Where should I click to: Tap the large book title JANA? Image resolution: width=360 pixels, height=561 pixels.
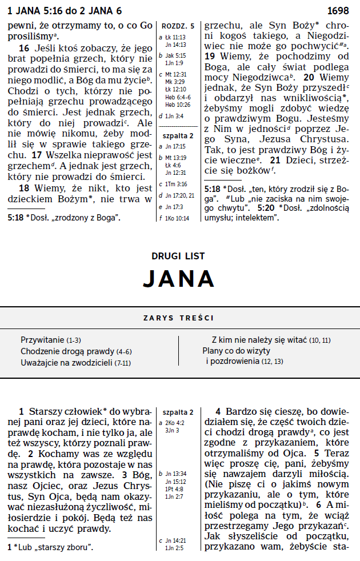coord(179,278)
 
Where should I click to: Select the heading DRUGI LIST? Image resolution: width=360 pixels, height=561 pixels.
coord(179,257)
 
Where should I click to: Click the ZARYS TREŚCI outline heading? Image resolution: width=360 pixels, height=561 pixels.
coord(179,318)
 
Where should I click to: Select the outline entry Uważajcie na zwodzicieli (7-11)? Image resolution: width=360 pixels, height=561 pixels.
coord(76,362)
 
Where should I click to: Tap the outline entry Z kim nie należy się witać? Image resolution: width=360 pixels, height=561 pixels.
coord(271,339)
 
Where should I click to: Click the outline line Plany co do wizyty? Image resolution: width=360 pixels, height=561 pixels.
coord(236,351)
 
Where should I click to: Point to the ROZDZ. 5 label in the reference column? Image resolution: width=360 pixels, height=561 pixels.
coord(178,26)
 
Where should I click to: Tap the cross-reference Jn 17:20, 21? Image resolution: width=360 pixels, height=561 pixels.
coord(179,195)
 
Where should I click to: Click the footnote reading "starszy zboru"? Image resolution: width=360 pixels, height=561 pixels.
coord(54,547)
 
